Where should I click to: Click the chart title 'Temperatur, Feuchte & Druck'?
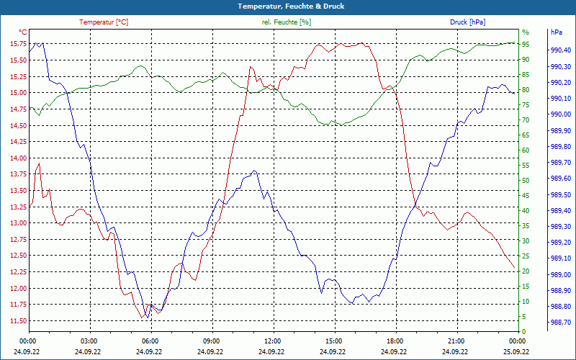pos(288,6)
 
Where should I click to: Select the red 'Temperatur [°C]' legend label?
pos(104,22)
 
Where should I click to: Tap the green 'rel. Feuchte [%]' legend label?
pos(287,22)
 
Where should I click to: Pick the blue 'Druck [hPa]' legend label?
pos(467,22)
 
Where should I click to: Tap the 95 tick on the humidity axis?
pos(526,44)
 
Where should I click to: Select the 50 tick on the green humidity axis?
pos(526,180)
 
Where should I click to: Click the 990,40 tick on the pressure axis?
pos(561,50)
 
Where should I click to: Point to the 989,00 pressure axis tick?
pos(561,274)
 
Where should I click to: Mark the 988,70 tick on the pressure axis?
pos(561,323)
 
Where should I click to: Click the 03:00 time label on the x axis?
pos(89,341)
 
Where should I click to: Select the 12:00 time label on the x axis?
pos(273,341)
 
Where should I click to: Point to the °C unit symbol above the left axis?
pos(23,32)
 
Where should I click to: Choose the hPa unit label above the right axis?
pos(557,32)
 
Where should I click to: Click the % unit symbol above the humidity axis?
pos(525,32)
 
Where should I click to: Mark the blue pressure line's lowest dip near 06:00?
pos(148,317)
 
